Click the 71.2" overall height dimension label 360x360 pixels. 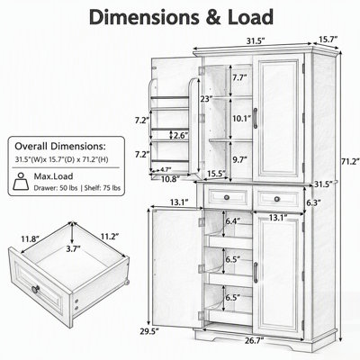[x=350, y=161]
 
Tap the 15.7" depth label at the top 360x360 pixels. [x=328, y=39]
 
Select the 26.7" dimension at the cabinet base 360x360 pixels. [x=254, y=340]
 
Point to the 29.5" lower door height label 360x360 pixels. [x=149, y=331]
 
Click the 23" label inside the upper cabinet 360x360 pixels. [x=207, y=98]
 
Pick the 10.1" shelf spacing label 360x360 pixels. [x=241, y=119]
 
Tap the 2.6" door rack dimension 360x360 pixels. [x=181, y=135]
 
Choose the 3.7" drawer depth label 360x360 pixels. [x=73, y=248]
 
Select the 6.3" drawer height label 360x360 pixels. [x=313, y=202]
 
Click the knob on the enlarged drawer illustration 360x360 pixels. [x=36, y=289]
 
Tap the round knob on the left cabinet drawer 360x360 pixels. [x=227, y=197]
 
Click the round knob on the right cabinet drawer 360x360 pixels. [x=277, y=199]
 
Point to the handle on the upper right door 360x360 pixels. [x=256, y=118]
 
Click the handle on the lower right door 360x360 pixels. [x=256, y=273]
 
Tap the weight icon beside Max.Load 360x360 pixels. [x=21, y=181]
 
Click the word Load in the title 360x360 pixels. [x=250, y=17]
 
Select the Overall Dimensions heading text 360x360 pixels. [x=60, y=147]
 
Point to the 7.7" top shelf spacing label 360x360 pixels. [x=239, y=77]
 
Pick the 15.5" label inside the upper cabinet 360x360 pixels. [x=217, y=174]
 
